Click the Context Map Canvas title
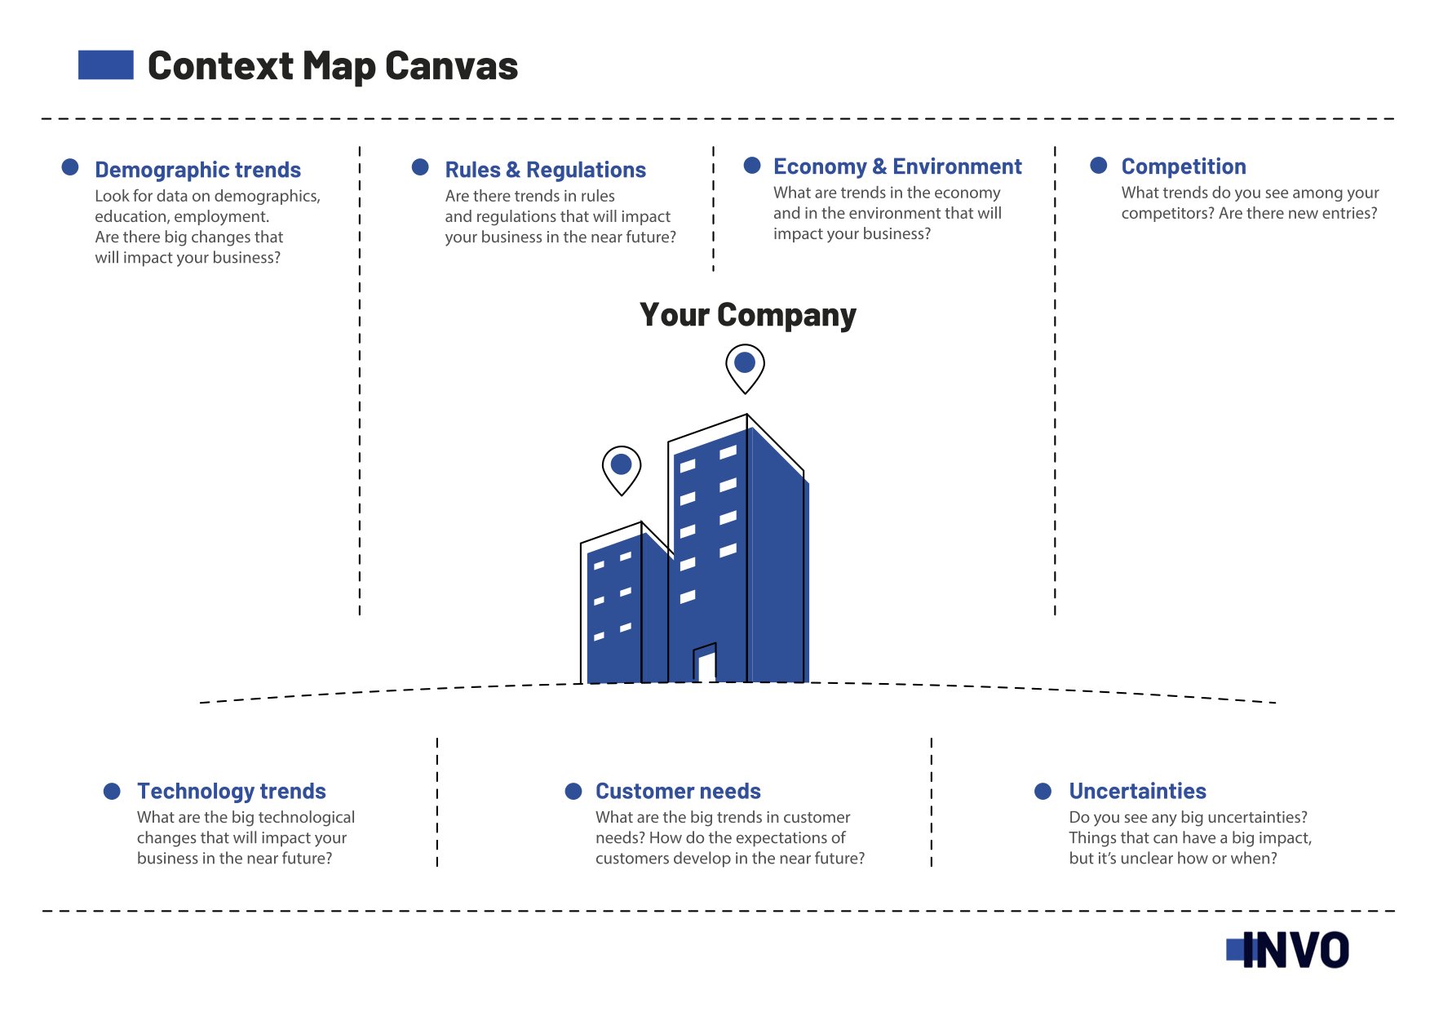pos(333,66)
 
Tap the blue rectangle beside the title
pos(106,65)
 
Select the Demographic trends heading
pos(197,170)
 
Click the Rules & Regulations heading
pos(545,170)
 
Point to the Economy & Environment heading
pos(897,166)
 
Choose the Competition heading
pos(1184,166)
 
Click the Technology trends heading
pos(232,791)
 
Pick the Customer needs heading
pos(678,791)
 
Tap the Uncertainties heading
pos(1137,791)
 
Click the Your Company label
pos(748,315)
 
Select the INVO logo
pos(1287,950)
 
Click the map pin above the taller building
pos(745,368)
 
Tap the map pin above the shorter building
pos(622,470)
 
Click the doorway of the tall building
pos(705,663)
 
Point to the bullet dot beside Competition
pos(1099,166)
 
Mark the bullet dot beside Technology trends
pos(113,791)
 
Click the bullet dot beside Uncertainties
pos(1043,791)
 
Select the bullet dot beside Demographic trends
pos(70,166)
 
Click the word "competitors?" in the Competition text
pos(1167,214)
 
